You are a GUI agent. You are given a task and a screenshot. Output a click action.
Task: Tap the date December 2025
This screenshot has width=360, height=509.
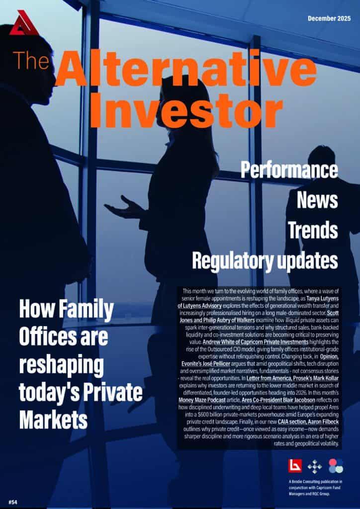click(x=330, y=18)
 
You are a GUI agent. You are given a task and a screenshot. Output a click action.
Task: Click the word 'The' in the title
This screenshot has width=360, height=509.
click(x=31, y=60)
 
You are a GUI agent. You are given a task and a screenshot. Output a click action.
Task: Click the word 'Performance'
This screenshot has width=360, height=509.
click(x=289, y=170)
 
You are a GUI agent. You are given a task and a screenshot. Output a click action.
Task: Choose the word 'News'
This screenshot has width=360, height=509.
click(x=317, y=200)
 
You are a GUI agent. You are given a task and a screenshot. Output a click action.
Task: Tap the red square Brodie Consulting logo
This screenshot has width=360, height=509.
click(x=295, y=466)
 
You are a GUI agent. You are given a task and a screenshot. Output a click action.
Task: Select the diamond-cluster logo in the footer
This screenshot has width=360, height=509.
click(x=315, y=466)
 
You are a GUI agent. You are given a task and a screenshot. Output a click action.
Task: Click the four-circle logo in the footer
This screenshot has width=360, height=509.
click(x=336, y=466)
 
